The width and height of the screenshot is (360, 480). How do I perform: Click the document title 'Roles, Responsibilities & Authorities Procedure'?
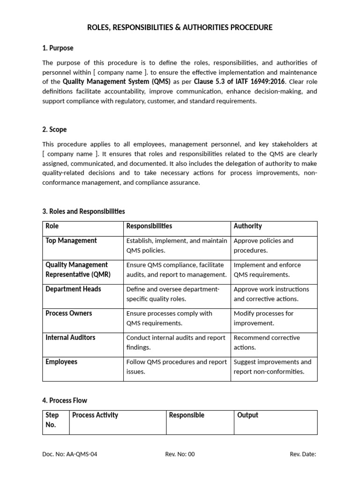pyautogui.click(x=180, y=28)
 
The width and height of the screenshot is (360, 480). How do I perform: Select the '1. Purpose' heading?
pyautogui.click(x=58, y=48)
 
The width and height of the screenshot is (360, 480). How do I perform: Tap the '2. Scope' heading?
pyautogui.click(x=54, y=129)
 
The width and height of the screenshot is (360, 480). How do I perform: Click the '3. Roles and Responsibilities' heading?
pyautogui.click(x=83, y=211)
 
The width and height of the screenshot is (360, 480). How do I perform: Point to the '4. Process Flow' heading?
pyautogui.click(x=65, y=400)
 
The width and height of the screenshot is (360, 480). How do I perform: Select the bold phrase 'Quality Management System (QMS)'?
pyautogui.click(x=116, y=82)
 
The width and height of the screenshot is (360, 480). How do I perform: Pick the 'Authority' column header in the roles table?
pyautogui.click(x=247, y=226)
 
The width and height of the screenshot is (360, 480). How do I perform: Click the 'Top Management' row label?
pyautogui.click(x=71, y=240)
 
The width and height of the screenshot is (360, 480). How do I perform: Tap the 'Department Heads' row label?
pyautogui.click(x=73, y=289)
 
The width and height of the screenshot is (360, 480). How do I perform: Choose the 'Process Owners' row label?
pyautogui.click(x=69, y=313)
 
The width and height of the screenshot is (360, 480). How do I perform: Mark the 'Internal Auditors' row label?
pyautogui.click(x=70, y=337)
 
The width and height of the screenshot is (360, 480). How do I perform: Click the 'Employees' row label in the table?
pyautogui.click(x=61, y=362)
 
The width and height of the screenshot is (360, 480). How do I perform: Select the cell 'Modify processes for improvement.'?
pyautogui.click(x=263, y=318)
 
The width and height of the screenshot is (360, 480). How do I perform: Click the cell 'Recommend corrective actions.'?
pyautogui.click(x=267, y=343)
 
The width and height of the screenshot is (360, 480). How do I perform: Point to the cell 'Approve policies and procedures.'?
pyautogui.click(x=263, y=246)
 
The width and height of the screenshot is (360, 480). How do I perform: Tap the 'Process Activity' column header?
pyautogui.click(x=95, y=415)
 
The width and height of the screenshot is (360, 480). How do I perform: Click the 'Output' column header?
pyautogui.click(x=247, y=415)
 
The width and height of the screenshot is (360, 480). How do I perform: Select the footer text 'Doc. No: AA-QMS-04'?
pyautogui.click(x=70, y=454)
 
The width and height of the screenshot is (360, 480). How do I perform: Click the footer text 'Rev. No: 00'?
pyautogui.click(x=180, y=454)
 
